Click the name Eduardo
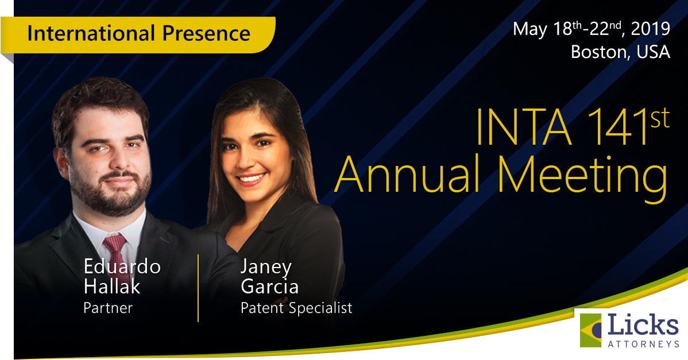tap(122, 266)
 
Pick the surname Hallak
tap(111, 286)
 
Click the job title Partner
tap(108, 308)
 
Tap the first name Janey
tap(266, 268)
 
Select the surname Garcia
tap(270, 286)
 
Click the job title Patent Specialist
tap(296, 308)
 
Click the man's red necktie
tap(115, 252)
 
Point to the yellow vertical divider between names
tap(198, 287)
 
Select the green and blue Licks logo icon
tap(592, 330)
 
